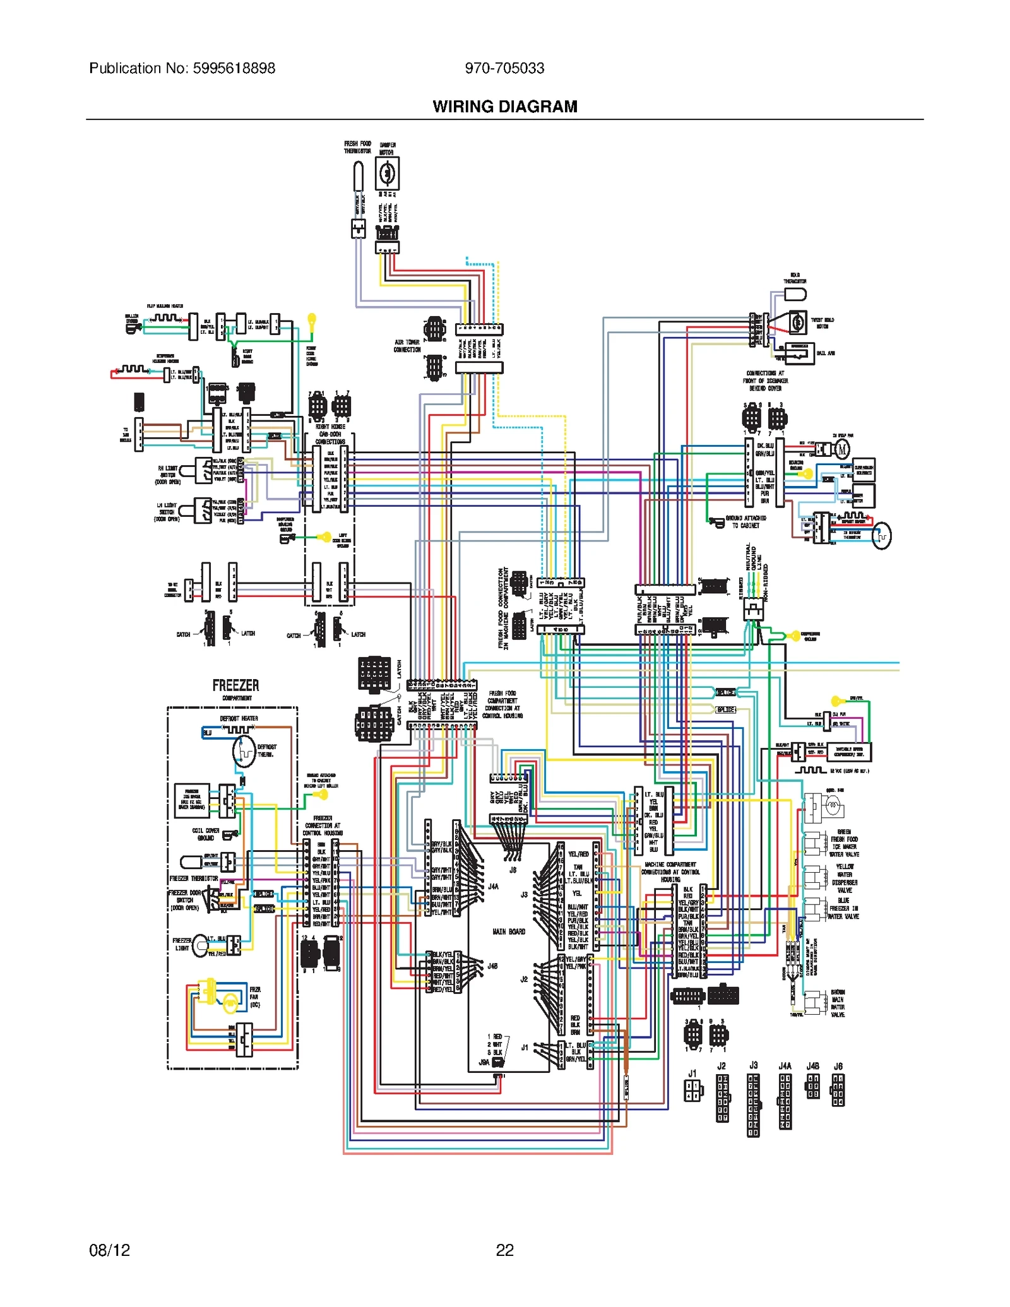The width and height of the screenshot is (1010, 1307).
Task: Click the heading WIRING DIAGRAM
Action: click(x=505, y=107)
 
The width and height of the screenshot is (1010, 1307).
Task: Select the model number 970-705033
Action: click(x=504, y=68)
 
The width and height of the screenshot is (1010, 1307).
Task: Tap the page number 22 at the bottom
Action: click(x=504, y=1250)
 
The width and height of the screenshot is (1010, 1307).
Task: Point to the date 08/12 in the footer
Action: click(x=109, y=1250)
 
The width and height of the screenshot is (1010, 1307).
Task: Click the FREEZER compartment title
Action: click(x=235, y=685)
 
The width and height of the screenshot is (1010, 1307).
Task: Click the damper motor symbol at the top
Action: click(x=387, y=173)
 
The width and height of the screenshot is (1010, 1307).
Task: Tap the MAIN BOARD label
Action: click(x=509, y=931)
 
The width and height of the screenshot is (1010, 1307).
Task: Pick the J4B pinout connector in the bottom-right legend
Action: click(x=813, y=1086)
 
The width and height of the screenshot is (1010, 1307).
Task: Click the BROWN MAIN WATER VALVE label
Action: click(x=837, y=1004)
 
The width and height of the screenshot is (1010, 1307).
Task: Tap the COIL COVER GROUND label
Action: click(x=206, y=834)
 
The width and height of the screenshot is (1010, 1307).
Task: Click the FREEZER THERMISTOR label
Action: click(x=194, y=878)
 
